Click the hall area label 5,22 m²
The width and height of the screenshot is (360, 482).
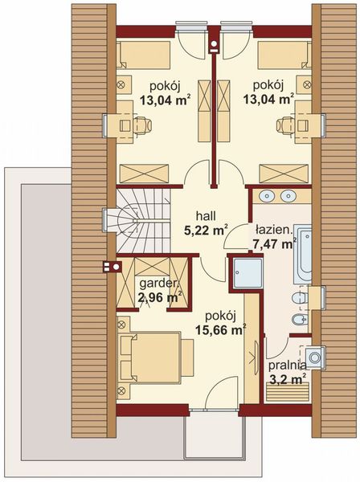click(206, 231)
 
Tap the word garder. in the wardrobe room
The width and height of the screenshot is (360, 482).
click(159, 284)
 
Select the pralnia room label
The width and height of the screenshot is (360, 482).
click(288, 366)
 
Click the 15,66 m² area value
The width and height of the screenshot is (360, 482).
click(221, 330)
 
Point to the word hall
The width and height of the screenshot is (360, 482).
click(206, 216)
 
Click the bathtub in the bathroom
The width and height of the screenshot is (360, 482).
click(302, 254)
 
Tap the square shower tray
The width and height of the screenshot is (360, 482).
click(247, 273)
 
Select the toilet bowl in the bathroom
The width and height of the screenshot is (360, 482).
click(299, 298)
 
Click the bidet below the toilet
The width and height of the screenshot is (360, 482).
click(300, 320)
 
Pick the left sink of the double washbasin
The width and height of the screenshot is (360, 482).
click(266, 196)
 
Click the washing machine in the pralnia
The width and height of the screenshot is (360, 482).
click(315, 357)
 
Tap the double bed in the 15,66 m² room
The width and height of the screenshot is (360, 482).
click(155, 357)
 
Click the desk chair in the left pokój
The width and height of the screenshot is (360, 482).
click(142, 125)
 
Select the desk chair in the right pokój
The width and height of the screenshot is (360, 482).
click(285, 125)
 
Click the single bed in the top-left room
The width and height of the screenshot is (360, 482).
click(143, 55)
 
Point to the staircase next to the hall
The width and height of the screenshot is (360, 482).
click(143, 221)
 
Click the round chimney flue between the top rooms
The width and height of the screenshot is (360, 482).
click(214, 43)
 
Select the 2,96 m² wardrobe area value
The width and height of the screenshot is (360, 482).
click(159, 297)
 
